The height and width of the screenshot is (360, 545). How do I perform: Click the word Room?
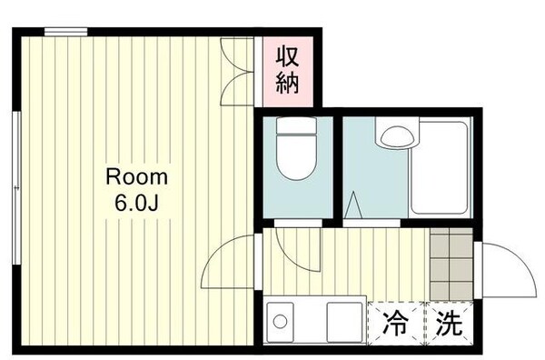[x=136, y=175]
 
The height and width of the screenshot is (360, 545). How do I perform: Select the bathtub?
[x=439, y=168]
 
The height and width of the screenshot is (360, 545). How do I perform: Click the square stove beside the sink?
[x=343, y=321]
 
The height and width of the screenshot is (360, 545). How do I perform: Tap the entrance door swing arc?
[x=506, y=270]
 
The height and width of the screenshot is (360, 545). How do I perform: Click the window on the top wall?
[x=66, y=32]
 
